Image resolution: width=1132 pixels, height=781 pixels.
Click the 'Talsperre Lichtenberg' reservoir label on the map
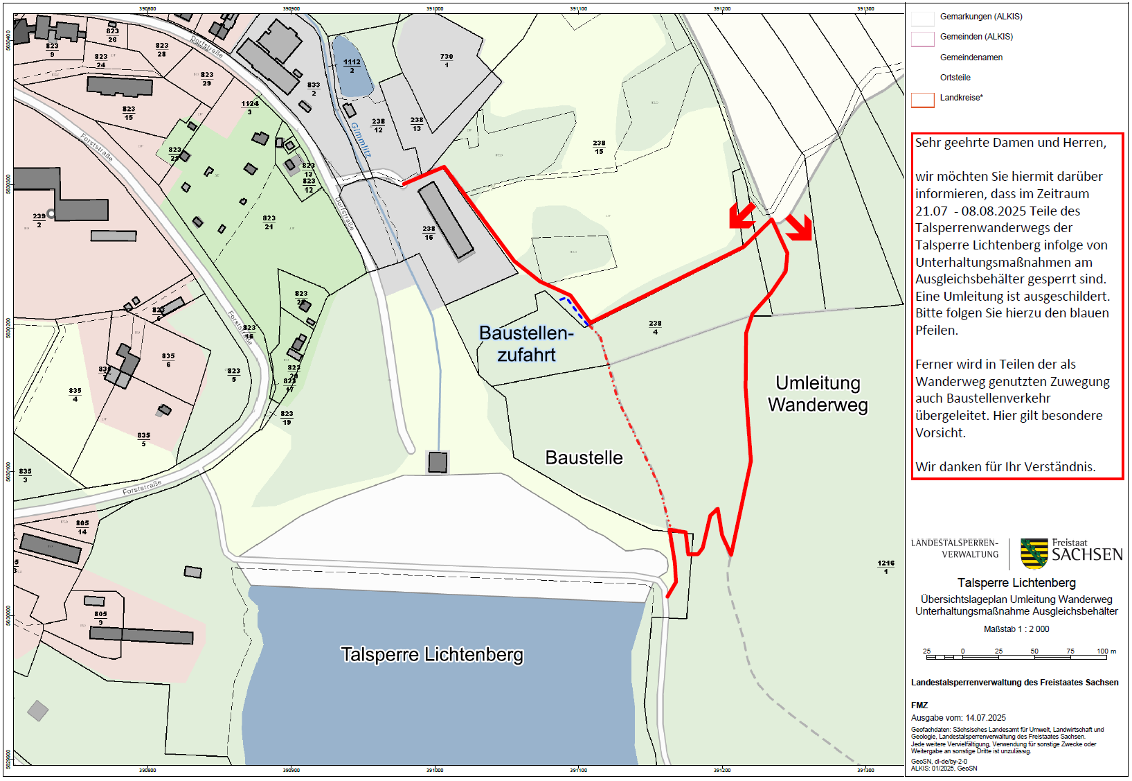pyautogui.click(x=432, y=655)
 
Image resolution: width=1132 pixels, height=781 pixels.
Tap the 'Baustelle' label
pyautogui.click(x=584, y=458)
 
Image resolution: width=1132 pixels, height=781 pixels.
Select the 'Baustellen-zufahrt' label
pyautogui.click(x=526, y=344)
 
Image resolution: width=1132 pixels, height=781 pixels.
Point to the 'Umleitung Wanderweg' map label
pyautogui.click(x=818, y=394)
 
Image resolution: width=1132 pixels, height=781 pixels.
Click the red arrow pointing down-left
pyautogui.click(x=742, y=216)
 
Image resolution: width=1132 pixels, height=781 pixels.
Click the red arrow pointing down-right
pyautogui.click(x=800, y=227)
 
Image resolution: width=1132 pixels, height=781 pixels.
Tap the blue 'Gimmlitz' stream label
pyautogui.click(x=361, y=139)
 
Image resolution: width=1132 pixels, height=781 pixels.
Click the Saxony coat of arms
pyautogui.click(x=1034, y=554)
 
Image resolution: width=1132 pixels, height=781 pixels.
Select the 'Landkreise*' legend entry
pyautogui.click(x=961, y=98)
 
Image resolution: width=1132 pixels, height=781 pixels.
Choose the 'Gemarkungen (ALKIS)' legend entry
pyautogui.click(x=980, y=17)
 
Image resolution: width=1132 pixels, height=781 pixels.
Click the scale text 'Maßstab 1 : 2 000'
pyautogui.click(x=1016, y=629)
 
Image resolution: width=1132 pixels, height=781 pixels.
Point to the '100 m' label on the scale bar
pyautogui.click(x=1106, y=651)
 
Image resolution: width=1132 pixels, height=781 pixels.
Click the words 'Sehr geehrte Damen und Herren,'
pyautogui.click(x=1010, y=143)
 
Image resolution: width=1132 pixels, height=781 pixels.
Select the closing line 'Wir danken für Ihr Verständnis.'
pyautogui.click(x=1005, y=467)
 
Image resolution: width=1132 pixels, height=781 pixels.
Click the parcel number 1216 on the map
pyautogui.click(x=886, y=564)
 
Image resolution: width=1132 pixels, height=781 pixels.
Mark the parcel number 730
pyautogui.click(x=447, y=58)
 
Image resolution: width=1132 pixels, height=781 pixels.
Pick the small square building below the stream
pyautogui.click(x=438, y=462)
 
